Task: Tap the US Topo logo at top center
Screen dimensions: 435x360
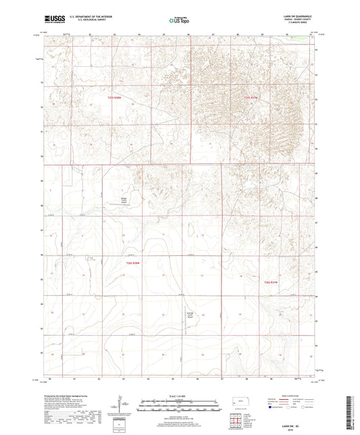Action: tap(179, 21)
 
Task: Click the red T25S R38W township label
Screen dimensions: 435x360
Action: tap(117, 98)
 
